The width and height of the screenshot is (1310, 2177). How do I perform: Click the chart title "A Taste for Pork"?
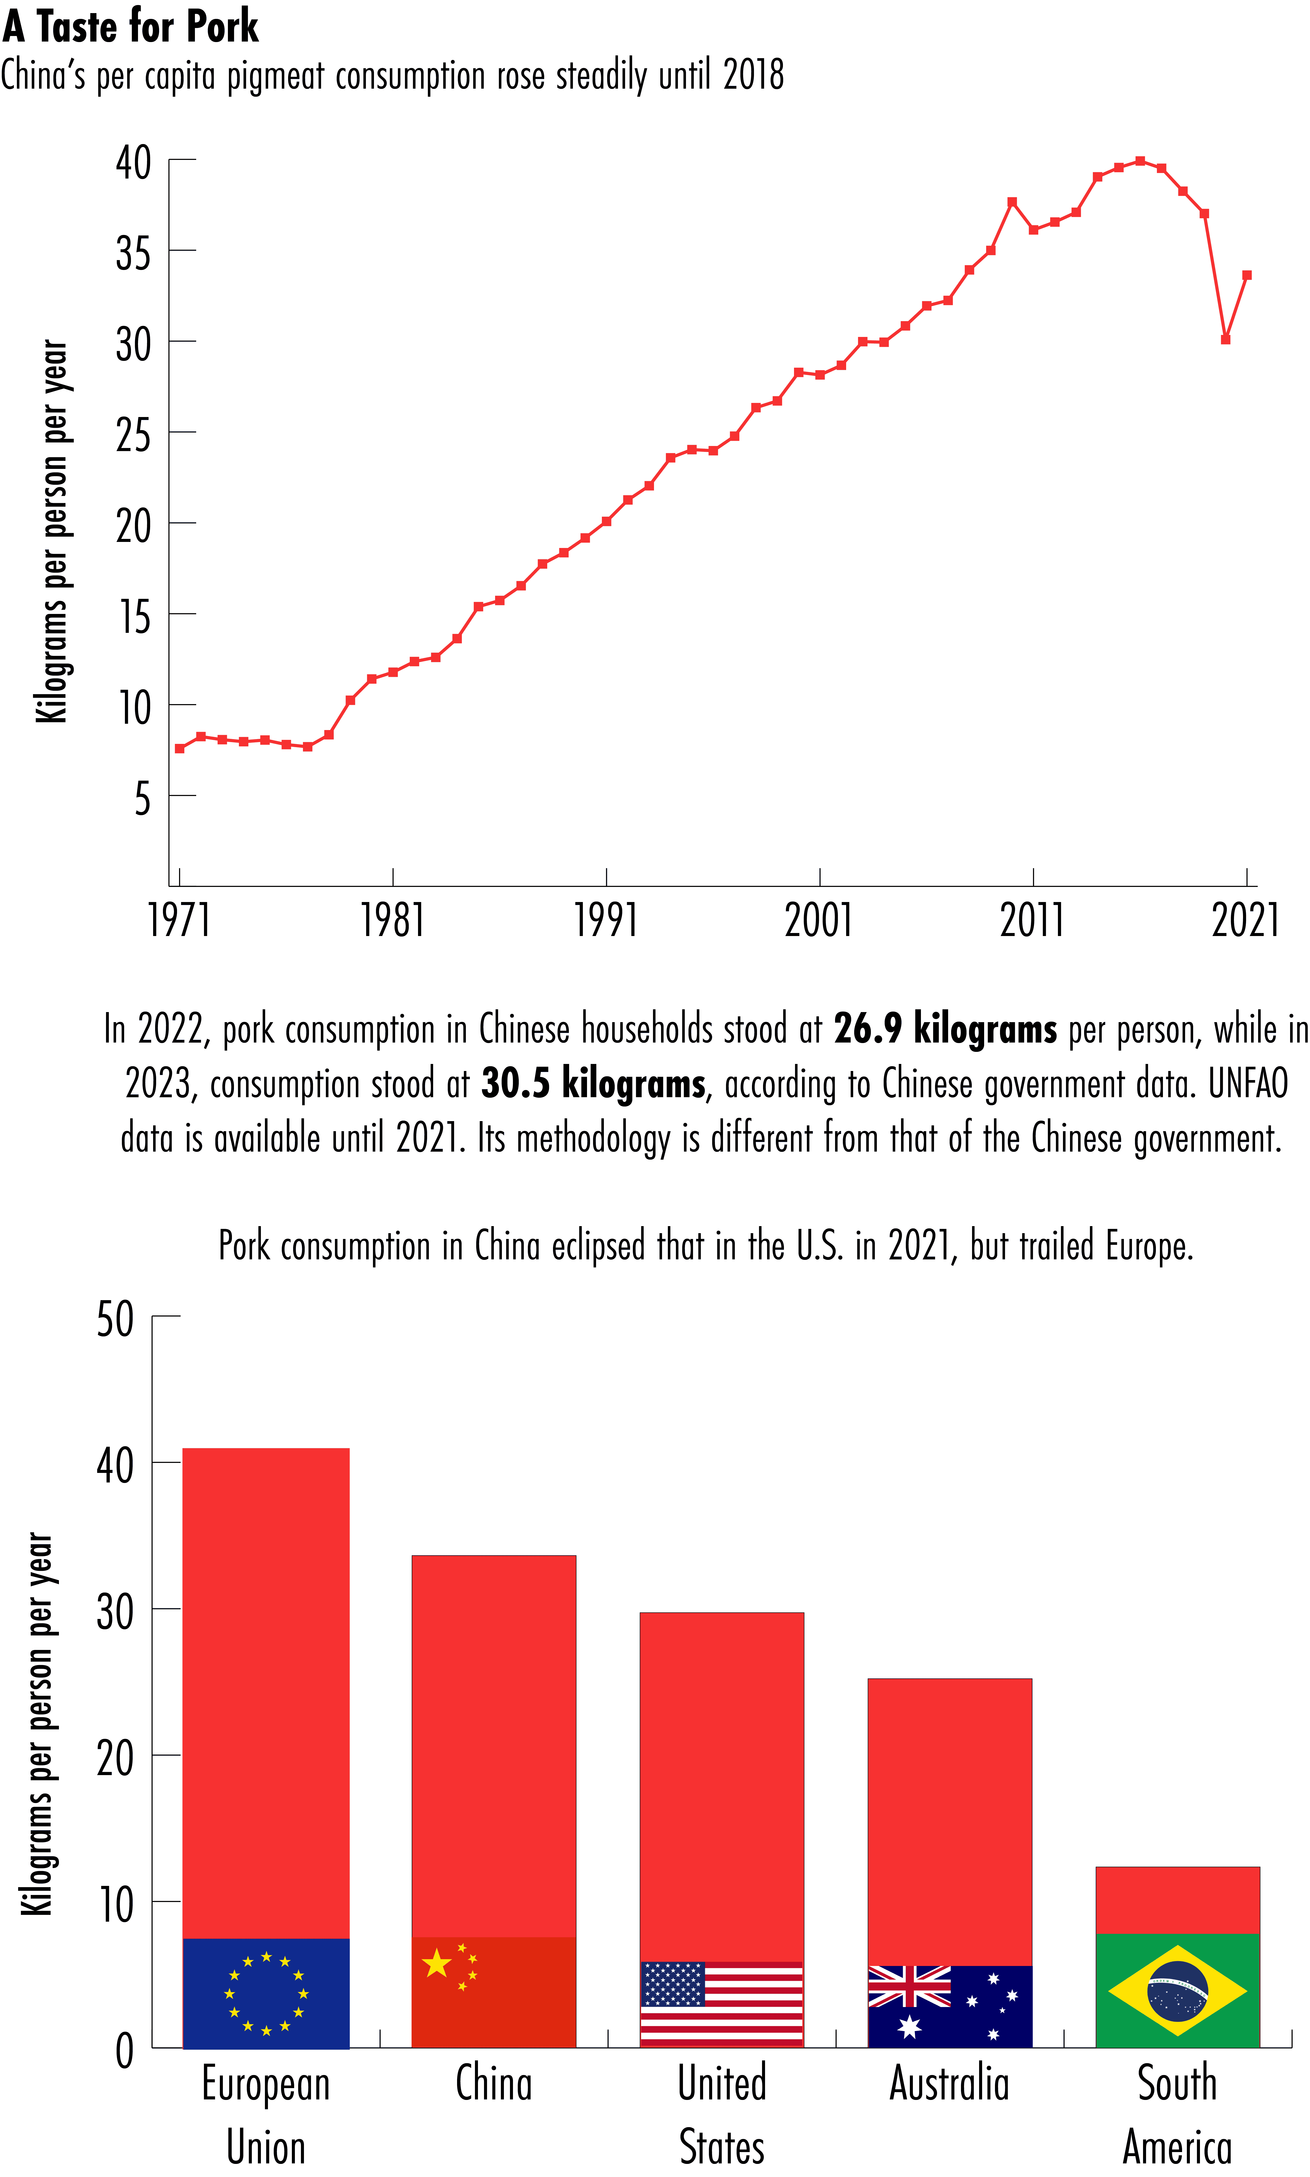131,26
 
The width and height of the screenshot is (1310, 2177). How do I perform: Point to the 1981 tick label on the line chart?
393,919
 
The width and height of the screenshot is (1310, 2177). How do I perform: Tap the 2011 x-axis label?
1032,919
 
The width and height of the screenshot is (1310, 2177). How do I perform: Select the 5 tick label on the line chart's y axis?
142,799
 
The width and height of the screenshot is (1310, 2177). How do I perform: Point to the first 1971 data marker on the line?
180,748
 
